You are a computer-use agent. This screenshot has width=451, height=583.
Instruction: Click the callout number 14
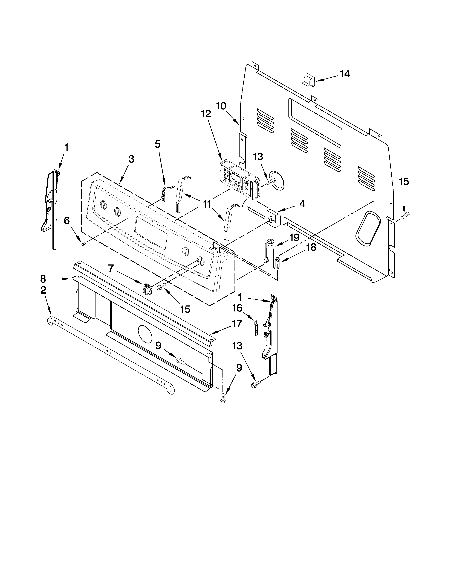[345, 74]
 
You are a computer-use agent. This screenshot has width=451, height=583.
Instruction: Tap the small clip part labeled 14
[309, 80]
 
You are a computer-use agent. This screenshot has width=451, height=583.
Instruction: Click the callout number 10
[221, 106]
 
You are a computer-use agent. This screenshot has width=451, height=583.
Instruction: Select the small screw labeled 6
[83, 244]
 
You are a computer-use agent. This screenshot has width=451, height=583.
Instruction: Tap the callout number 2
[43, 290]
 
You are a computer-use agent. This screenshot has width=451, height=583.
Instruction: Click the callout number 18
[311, 248]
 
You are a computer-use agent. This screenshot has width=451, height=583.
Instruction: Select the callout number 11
[207, 204]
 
